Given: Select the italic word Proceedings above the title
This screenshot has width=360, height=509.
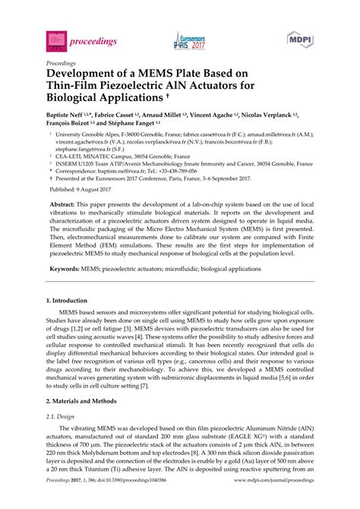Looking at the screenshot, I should (62, 63).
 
